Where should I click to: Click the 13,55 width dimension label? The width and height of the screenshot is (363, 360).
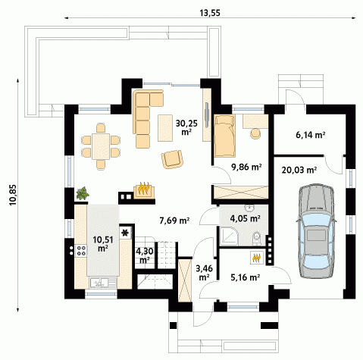tap(210, 13)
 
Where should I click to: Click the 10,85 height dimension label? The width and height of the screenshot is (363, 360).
tap(13, 195)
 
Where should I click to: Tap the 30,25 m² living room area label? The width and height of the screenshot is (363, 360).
tap(186, 127)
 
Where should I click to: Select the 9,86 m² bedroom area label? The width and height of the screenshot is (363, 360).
tap(246, 167)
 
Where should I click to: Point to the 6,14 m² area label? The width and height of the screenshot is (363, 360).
tap(310, 135)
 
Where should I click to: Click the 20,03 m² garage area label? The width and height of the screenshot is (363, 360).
tap(299, 170)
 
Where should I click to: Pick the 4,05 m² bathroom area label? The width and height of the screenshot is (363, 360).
tap(246, 218)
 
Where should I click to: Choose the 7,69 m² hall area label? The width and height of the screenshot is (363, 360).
tap(174, 221)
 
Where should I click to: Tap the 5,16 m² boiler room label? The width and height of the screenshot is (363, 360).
tap(246, 277)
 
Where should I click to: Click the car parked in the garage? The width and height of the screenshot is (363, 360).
tap(316, 231)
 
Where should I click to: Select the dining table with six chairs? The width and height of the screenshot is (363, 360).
tap(101, 146)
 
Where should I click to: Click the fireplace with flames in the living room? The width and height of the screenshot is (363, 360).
tap(144, 190)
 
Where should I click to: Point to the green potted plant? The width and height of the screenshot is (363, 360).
tap(83, 193)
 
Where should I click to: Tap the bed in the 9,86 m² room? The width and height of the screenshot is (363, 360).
tap(224, 136)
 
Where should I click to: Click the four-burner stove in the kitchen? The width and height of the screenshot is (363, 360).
tap(81, 250)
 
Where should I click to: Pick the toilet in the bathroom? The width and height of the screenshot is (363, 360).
tap(257, 238)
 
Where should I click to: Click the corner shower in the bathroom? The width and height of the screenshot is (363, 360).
tap(229, 236)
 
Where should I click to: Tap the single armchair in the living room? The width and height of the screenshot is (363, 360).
tap(172, 159)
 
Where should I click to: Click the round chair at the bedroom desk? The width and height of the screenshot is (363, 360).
tap(255, 133)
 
